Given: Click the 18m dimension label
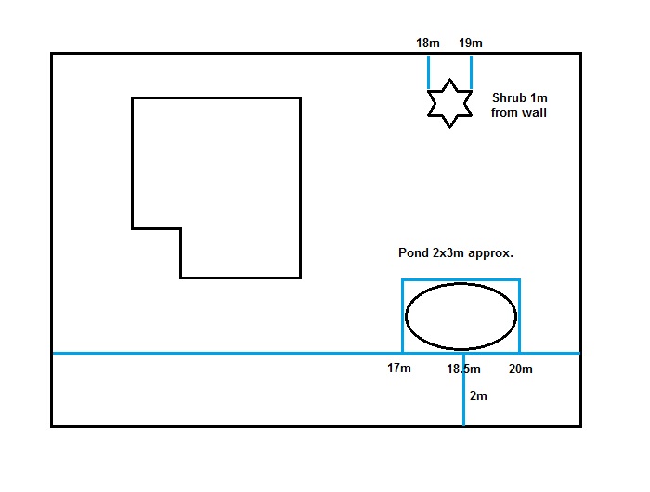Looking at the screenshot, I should coord(428,43).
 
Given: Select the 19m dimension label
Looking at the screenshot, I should coord(471,43).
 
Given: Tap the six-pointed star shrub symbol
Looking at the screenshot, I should coord(450,103).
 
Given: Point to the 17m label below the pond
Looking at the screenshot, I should coord(399,369).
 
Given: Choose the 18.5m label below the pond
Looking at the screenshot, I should coord(463,369).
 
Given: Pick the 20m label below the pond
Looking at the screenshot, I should coord(521,369).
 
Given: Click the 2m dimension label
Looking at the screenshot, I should coord(478,395).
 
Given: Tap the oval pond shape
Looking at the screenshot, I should coord(461,316).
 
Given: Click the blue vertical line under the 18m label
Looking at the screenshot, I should coord(428,71).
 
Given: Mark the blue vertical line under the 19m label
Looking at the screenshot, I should coord(472,71).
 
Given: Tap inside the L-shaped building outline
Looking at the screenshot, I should coord(232,176).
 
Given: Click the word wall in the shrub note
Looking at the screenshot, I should coord(535,113).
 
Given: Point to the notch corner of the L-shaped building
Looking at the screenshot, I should coord(180,228).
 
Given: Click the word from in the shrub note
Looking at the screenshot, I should coord(506,113).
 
